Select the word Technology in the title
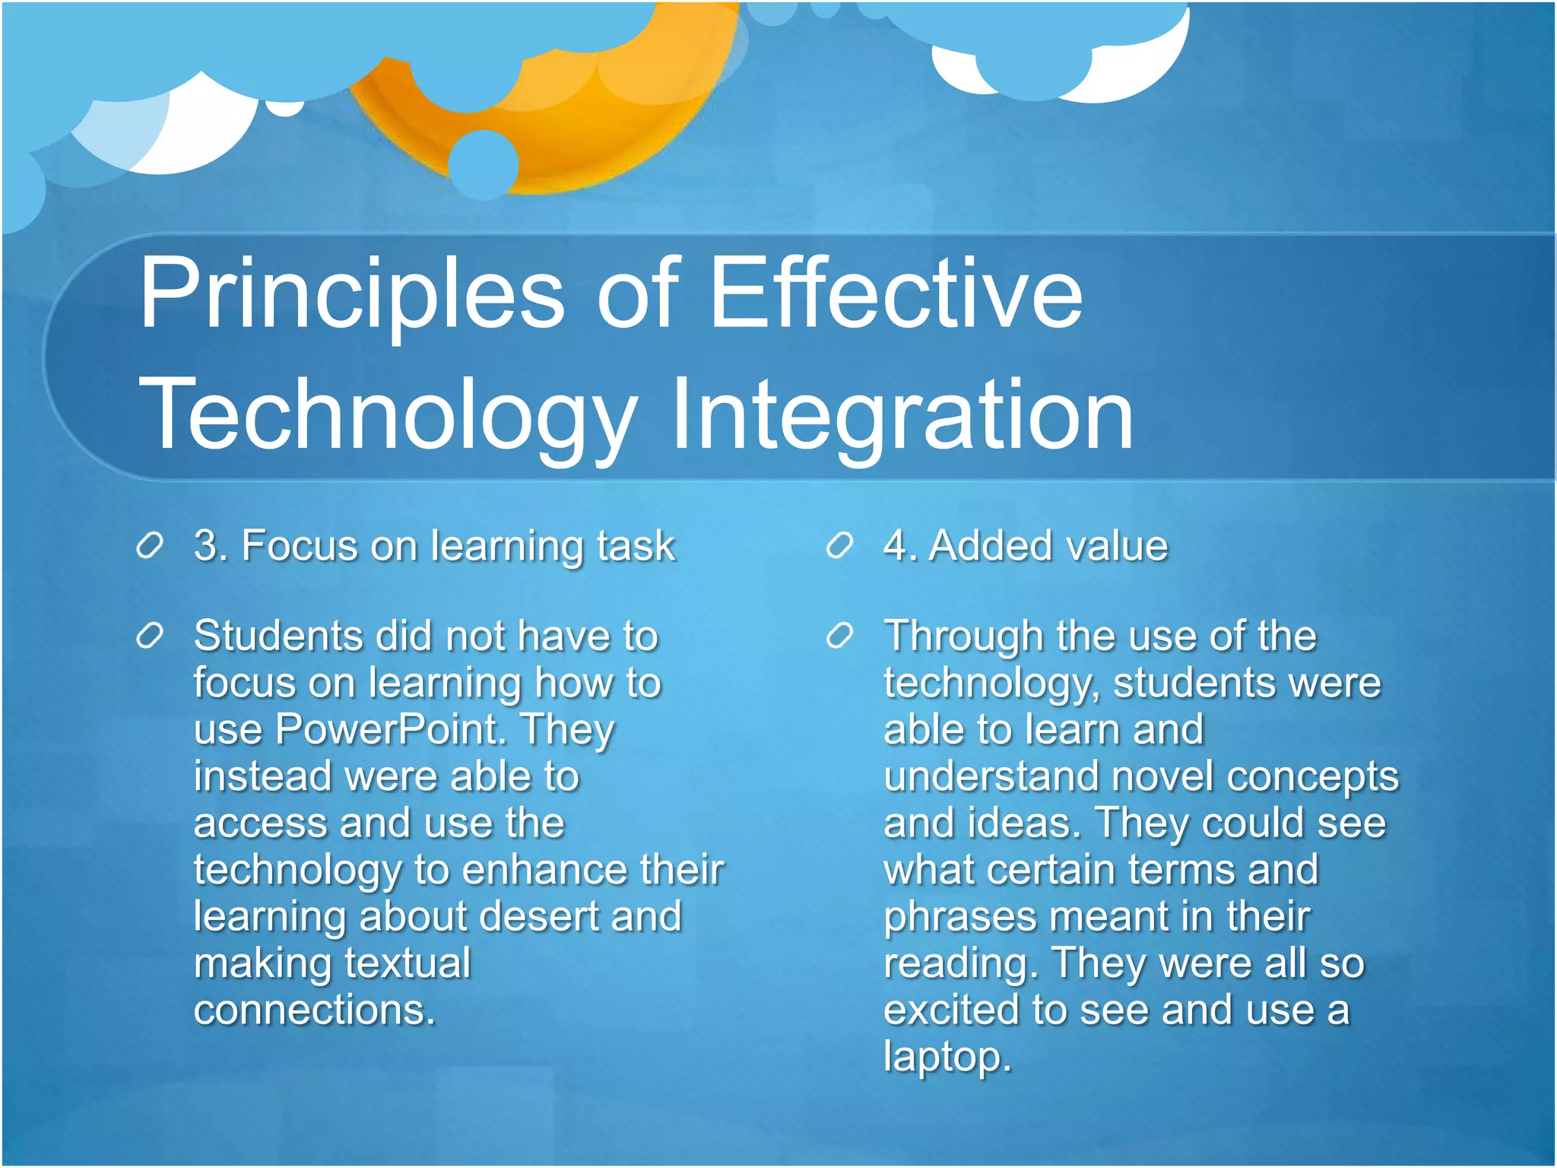[x=388, y=417]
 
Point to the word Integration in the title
[x=902, y=417]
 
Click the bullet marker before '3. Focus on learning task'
[x=150, y=546]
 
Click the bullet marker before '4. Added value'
[x=839, y=546]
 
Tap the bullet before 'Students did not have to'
[x=150, y=636]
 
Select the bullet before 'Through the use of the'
[x=839, y=636]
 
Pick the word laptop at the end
[x=947, y=1057]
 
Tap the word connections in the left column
[x=314, y=1010]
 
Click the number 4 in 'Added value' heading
[x=895, y=546]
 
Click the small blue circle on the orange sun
[x=484, y=164]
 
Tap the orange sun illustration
[x=608, y=122]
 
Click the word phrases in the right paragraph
[x=959, y=916]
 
